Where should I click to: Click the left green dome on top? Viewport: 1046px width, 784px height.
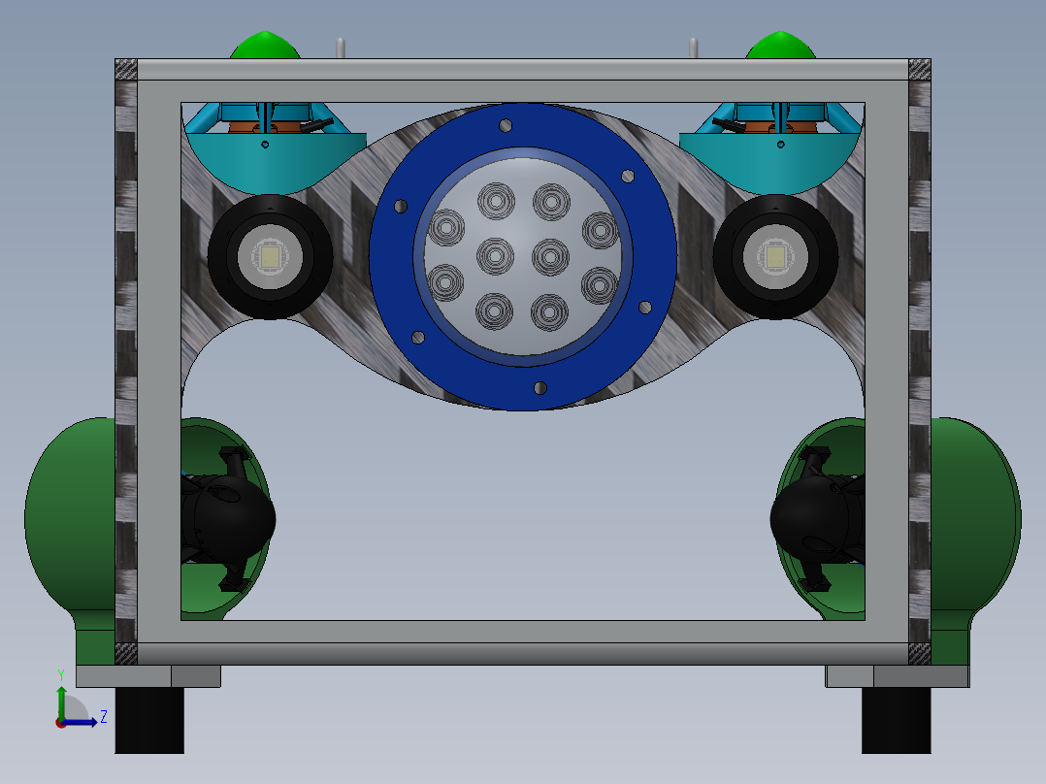(265, 46)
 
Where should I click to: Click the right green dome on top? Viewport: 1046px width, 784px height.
(780, 46)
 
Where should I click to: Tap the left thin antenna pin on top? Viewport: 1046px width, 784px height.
(341, 49)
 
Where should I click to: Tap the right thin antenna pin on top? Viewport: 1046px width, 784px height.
(694, 49)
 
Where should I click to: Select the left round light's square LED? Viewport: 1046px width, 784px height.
(270, 257)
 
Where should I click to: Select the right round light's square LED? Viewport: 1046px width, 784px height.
(775, 257)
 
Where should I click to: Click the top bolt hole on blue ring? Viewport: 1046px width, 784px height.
(506, 125)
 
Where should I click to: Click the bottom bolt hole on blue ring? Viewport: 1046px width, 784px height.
(540, 388)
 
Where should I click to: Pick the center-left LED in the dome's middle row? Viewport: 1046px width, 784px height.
(495, 255)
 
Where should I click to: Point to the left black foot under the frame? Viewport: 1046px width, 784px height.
(149, 721)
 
